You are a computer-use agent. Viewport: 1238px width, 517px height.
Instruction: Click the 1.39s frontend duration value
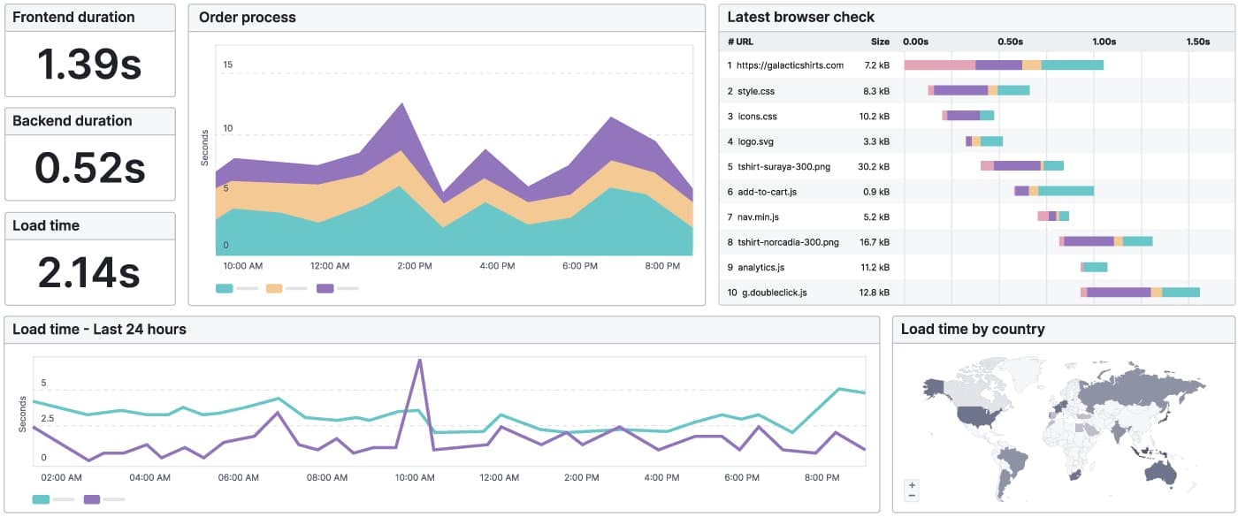(x=89, y=64)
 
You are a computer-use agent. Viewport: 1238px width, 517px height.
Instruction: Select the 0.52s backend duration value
(x=89, y=168)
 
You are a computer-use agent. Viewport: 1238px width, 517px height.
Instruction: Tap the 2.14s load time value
(x=89, y=271)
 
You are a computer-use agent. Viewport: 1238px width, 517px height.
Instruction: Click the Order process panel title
(x=247, y=18)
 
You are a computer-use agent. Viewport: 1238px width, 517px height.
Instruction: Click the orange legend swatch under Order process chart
(x=274, y=288)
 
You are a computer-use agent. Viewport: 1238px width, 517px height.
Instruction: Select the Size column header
(x=879, y=42)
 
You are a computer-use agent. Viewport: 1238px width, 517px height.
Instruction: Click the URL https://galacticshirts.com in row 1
(x=790, y=65)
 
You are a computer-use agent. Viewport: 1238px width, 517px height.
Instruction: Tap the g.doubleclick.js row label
(x=774, y=293)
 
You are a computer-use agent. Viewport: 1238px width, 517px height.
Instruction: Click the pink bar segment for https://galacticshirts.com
(x=939, y=65)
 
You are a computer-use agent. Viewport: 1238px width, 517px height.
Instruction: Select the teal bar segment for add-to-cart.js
(x=1066, y=191)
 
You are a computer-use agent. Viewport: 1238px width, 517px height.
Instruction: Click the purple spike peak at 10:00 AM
(x=419, y=361)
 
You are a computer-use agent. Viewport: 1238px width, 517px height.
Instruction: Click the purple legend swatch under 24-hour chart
(x=92, y=499)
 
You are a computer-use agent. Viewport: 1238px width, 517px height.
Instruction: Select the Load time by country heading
(x=972, y=330)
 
